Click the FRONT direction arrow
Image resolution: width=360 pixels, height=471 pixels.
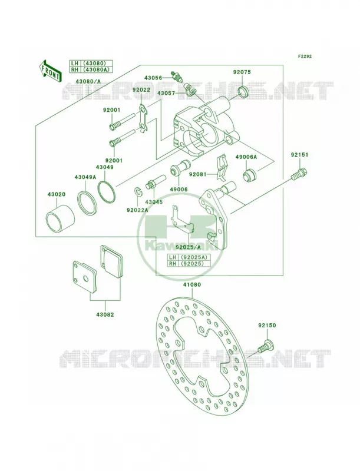pyautogui.click(x=50, y=70)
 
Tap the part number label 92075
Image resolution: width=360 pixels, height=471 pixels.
pyautogui.click(x=242, y=72)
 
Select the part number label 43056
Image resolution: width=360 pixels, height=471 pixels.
pyautogui.click(x=153, y=78)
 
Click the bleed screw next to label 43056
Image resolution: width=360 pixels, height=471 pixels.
pyautogui.click(x=176, y=77)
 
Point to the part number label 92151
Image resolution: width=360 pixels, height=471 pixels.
pyautogui.click(x=299, y=155)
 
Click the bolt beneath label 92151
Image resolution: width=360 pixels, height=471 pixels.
pyautogui.click(x=299, y=174)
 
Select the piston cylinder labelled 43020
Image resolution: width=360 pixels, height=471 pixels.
pyautogui.click(x=61, y=219)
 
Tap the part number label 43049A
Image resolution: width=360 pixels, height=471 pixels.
pyautogui.click(x=85, y=177)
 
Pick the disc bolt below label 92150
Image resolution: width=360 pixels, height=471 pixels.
pyautogui.click(x=265, y=347)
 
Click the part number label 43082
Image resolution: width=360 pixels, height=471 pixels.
pyautogui.click(x=105, y=314)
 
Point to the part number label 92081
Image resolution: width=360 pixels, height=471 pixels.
pyautogui.click(x=198, y=174)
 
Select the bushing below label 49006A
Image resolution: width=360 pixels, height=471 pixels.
pyautogui.click(x=250, y=175)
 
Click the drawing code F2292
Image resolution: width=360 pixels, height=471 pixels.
pyautogui.click(x=305, y=56)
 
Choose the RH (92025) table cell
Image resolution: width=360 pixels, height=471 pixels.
pyautogui.click(x=189, y=263)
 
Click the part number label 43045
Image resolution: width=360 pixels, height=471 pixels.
pyautogui.click(x=154, y=202)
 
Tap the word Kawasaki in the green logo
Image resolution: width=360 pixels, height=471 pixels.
pyautogui.click(x=181, y=245)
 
